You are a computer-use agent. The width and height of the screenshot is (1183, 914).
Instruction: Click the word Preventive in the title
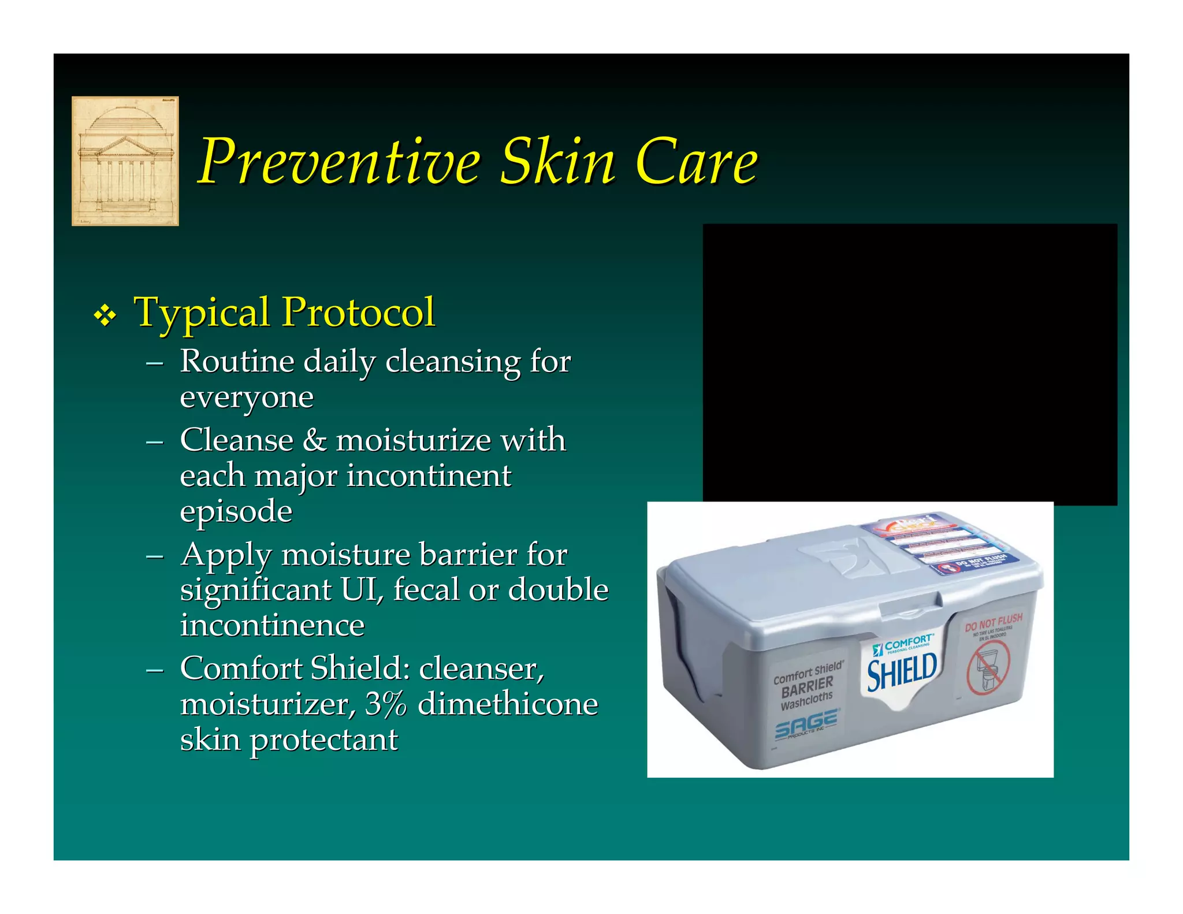(339, 162)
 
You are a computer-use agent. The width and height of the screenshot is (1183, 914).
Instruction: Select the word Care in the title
(696, 162)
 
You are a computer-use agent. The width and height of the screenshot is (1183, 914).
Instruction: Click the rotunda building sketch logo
(125, 161)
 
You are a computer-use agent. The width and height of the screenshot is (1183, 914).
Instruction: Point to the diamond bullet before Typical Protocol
(105, 315)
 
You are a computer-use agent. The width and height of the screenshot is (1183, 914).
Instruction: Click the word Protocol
(358, 313)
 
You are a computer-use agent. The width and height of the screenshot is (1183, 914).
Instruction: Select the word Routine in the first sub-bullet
(237, 362)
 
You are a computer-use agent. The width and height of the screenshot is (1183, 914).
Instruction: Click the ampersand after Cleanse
(314, 440)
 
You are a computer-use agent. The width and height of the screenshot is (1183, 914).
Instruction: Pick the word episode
(236, 512)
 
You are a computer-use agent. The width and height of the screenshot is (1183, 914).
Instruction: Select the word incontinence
(272, 626)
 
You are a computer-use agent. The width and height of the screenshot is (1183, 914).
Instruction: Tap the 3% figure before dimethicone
(386, 704)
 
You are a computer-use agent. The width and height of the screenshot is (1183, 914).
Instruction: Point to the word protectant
(323, 741)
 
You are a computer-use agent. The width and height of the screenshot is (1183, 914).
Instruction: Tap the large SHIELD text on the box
(902, 671)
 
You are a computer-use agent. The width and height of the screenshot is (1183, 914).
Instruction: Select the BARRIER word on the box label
(807, 687)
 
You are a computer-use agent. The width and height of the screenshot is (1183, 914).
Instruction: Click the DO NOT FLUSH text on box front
(993, 623)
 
